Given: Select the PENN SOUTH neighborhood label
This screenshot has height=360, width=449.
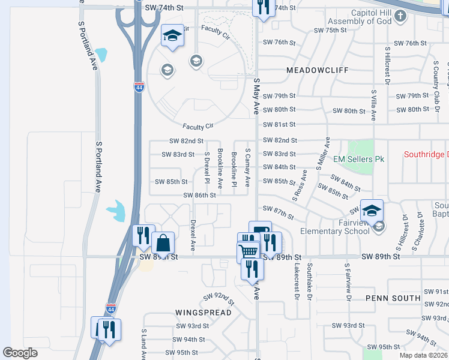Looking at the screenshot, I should tap(393, 298).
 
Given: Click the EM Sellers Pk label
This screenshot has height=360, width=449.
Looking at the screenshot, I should tap(358, 159).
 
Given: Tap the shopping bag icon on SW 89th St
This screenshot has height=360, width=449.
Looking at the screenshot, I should tap(163, 244).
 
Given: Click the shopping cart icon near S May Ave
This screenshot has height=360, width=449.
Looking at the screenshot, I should tap(248, 251).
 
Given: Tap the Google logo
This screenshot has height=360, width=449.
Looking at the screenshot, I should tap(20, 353).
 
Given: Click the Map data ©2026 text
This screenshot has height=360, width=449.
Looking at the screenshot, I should tap(423, 355).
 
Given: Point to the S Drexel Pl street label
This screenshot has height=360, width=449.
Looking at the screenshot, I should tap(206, 166).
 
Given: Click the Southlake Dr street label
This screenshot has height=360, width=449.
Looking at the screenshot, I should tap(309, 280).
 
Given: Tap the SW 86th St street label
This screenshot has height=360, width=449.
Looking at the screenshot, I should tap(200, 195).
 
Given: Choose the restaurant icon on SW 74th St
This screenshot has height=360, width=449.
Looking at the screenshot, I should tap(262, 7).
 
